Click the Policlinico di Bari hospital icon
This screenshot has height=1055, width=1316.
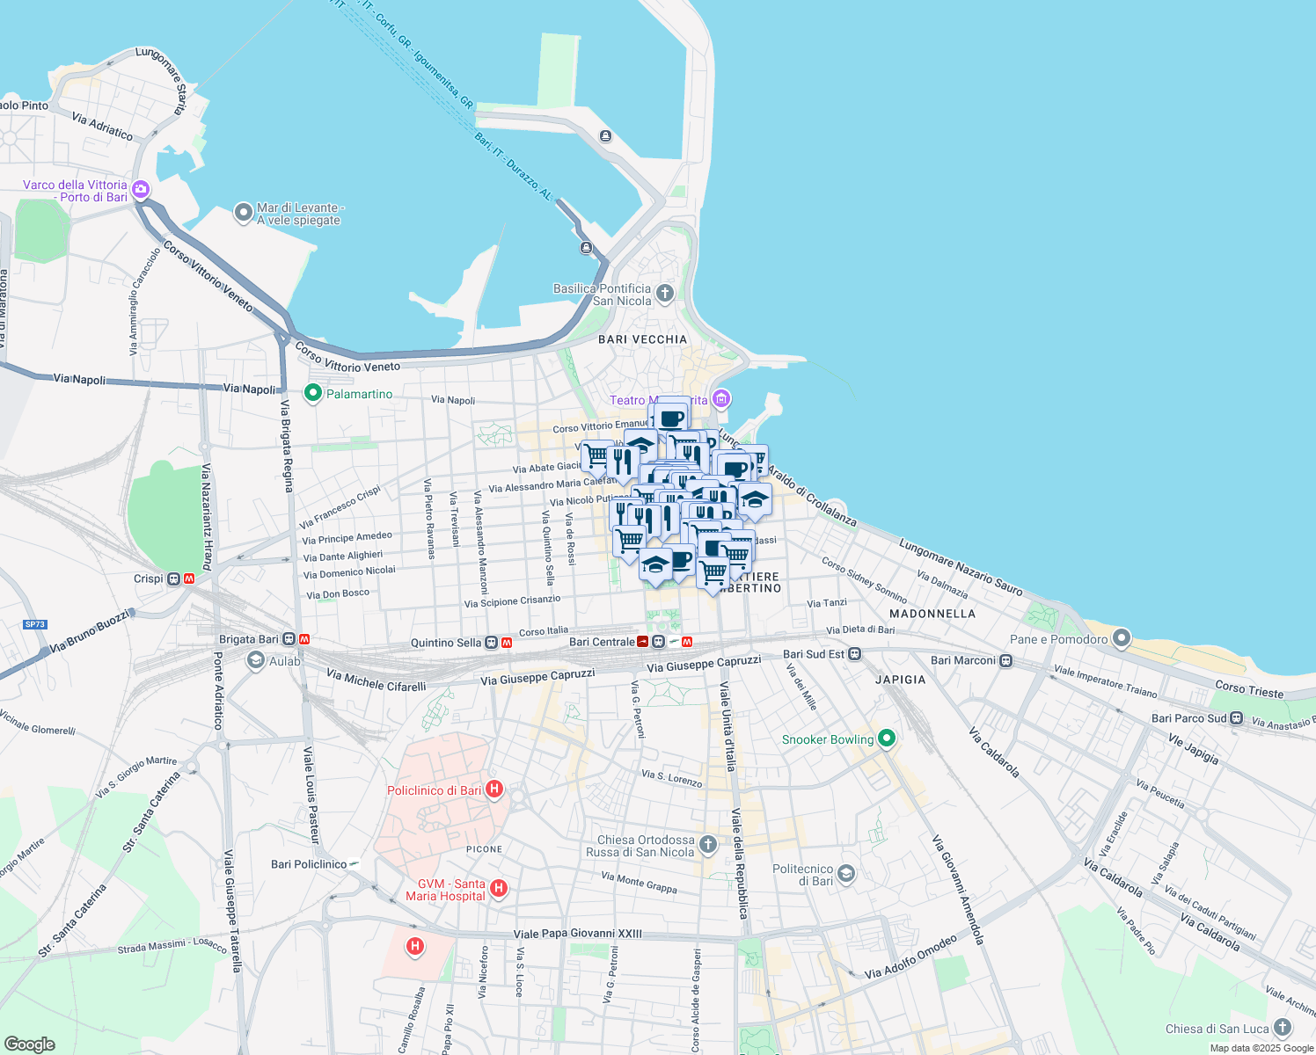click(x=494, y=789)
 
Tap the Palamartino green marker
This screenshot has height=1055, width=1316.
click(x=312, y=393)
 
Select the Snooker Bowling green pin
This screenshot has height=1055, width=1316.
click(x=887, y=738)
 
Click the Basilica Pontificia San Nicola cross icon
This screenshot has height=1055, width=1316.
click(x=665, y=294)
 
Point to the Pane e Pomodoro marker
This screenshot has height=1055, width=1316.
click(x=1122, y=639)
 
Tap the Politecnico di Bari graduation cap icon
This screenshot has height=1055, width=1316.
click(x=846, y=873)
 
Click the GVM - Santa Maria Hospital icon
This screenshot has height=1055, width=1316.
click(x=499, y=889)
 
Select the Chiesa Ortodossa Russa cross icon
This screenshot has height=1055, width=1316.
click(x=708, y=845)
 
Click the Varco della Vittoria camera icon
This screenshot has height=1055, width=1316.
click(x=141, y=190)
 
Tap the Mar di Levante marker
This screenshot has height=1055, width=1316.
click(x=244, y=213)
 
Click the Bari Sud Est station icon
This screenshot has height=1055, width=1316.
click(x=855, y=654)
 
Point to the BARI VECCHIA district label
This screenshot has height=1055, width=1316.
click(x=642, y=339)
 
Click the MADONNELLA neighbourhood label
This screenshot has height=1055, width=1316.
click(x=932, y=614)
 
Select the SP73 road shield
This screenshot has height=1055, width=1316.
click(x=35, y=624)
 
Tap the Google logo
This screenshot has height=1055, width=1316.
click(x=29, y=1044)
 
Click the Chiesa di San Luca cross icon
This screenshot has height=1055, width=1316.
click(x=1283, y=1027)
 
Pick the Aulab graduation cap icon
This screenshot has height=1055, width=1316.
click(x=256, y=660)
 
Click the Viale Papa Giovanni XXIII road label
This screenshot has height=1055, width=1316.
click(x=577, y=934)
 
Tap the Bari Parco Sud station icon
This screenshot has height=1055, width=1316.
click(x=1237, y=718)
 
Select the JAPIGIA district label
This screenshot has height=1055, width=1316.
click(x=900, y=680)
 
